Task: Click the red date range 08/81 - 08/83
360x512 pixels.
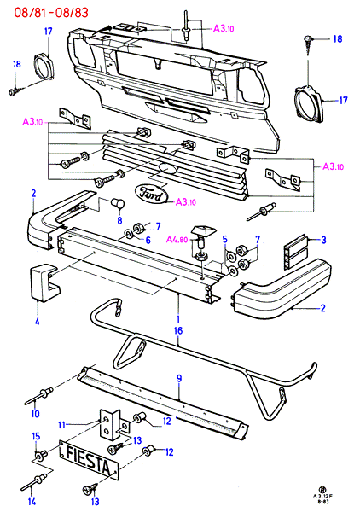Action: (x=51, y=13)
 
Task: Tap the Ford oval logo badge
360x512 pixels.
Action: (x=152, y=195)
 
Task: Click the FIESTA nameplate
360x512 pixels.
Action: (x=89, y=460)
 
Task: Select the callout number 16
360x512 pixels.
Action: (x=178, y=330)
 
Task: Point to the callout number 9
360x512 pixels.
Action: (x=179, y=378)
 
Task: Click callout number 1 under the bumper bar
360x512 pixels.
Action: (x=178, y=318)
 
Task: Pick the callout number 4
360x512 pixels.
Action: (x=38, y=321)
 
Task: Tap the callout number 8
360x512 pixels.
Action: (x=119, y=220)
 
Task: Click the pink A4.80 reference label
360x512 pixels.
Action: (x=177, y=240)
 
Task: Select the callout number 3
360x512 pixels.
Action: (x=323, y=240)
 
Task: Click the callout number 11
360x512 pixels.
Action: (x=62, y=425)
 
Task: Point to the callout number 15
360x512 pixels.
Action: (x=36, y=436)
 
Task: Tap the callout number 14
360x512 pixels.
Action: (x=32, y=501)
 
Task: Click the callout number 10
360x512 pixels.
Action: (x=35, y=414)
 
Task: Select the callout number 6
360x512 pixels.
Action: (x=148, y=241)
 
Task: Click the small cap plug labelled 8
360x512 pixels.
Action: (x=118, y=203)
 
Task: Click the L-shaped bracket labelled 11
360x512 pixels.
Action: (x=110, y=424)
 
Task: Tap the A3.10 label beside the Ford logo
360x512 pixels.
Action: (x=186, y=202)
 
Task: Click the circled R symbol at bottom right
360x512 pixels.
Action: (x=322, y=490)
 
